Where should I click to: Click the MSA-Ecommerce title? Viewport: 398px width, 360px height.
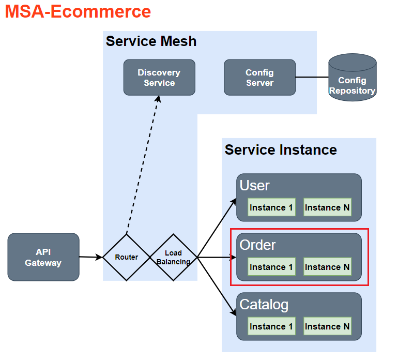pyautogui.click(x=78, y=11)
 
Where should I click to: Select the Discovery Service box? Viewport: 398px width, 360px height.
pyautogui.click(x=159, y=78)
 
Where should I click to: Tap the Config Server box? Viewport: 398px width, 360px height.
pyautogui.click(x=259, y=78)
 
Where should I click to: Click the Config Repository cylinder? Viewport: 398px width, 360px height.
pyautogui.click(x=353, y=78)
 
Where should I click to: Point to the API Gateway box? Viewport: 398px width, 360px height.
pyautogui.click(x=43, y=257)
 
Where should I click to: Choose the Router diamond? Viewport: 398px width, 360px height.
pyautogui.click(x=127, y=257)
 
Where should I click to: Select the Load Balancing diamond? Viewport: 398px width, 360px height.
pyautogui.click(x=173, y=257)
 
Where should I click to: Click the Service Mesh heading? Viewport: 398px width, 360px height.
pyautogui.click(x=151, y=41)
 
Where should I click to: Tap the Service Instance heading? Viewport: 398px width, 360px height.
pyautogui.click(x=281, y=150)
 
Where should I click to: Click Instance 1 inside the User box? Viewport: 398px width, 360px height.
pyautogui.click(x=271, y=207)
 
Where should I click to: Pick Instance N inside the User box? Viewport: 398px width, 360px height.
pyautogui.click(x=327, y=207)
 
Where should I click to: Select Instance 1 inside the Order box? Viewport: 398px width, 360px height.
pyautogui.click(x=271, y=267)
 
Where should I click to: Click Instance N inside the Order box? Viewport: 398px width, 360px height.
pyautogui.click(x=327, y=267)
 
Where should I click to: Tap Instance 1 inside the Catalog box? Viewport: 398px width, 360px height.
pyautogui.click(x=271, y=326)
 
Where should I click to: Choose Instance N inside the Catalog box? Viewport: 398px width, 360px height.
pyautogui.click(x=327, y=326)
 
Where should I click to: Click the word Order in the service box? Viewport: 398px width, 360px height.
pyautogui.click(x=257, y=245)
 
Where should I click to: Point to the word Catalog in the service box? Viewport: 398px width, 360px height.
pyautogui.click(x=264, y=305)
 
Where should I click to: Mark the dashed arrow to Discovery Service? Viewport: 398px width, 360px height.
pyautogui.click(x=142, y=166)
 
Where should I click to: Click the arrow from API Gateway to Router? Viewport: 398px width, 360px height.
pyautogui.click(x=91, y=257)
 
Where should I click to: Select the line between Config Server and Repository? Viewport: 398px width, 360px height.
pyautogui.click(x=312, y=78)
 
